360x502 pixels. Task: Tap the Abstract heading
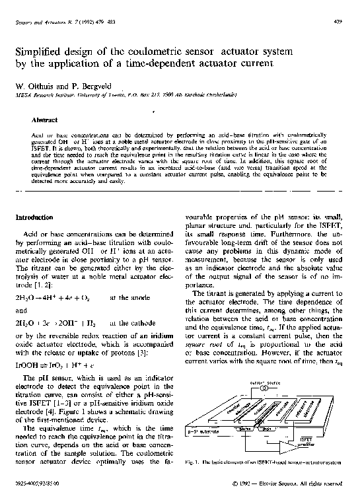[44, 120]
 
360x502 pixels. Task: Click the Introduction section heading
[34, 217]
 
